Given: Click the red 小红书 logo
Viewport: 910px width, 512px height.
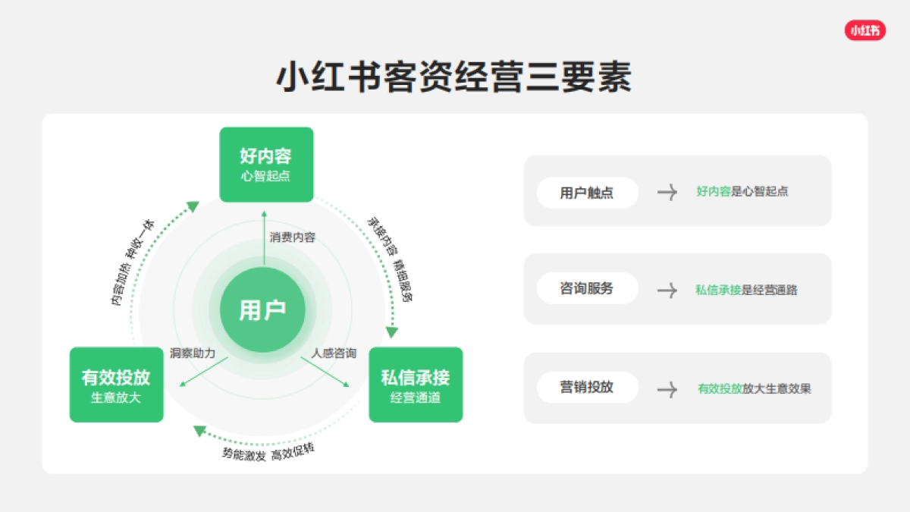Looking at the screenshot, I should point(864,30).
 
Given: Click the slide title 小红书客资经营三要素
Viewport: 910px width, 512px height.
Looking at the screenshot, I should point(453,78).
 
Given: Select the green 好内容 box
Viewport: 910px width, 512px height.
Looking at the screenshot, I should point(266,165).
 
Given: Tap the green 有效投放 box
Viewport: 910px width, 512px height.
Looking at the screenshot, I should point(116,385).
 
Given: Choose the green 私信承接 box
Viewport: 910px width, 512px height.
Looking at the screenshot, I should point(416,385).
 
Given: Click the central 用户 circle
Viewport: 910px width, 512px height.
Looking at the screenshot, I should point(262,310).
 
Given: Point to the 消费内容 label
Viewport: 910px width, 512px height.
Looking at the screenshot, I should point(293,237).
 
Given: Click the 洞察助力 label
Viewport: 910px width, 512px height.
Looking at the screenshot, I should point(193,353).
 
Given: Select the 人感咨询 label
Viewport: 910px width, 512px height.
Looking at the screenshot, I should point(334,353).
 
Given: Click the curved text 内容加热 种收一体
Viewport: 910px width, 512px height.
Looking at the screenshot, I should point(133,262).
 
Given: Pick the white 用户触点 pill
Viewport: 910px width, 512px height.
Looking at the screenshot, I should point(587,193).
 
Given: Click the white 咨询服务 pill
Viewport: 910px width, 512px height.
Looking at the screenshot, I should point(587,289).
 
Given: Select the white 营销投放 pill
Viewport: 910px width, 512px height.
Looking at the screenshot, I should point(587,388).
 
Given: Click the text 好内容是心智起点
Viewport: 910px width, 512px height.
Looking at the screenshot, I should point(742,192).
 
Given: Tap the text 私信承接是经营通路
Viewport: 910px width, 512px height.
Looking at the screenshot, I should point(746,290).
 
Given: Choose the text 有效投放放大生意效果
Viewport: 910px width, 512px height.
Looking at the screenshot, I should point(755,389).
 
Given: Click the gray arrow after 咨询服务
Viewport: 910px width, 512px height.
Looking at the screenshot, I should point(667,290).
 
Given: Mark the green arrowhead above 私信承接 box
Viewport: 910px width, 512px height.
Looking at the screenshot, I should point(392,331).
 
